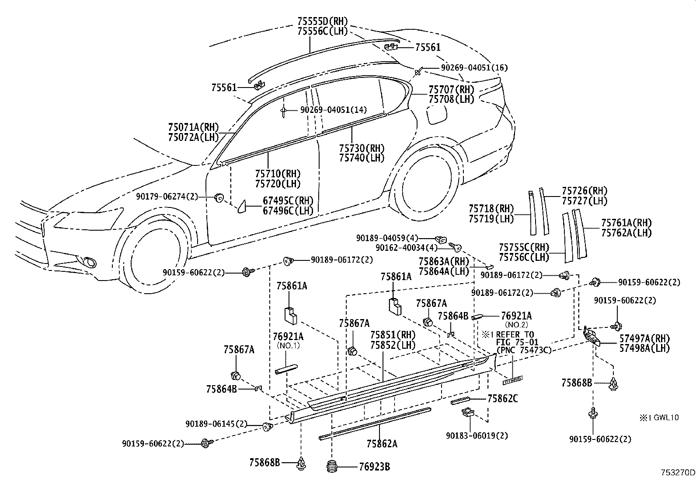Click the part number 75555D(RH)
point(323,21)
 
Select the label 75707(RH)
point(452,90)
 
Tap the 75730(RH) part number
point(362,148)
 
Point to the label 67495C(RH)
point(288,200)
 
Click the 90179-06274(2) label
point(167,197)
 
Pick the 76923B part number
point(374,467)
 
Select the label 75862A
point(382,444)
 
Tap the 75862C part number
point(503,399)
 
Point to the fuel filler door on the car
point(437,114)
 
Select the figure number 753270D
point(678,472)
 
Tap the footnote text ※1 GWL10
point(659,418)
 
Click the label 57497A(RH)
point(645,338)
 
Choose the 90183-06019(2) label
point(477,435)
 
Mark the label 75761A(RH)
point(626,223)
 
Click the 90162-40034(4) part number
point(407,248)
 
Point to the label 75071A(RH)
point(194,127)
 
